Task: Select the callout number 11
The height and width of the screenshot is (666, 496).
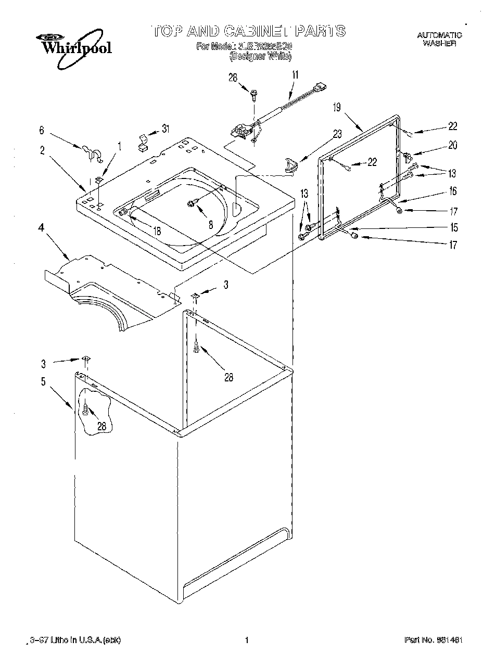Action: [295, 75]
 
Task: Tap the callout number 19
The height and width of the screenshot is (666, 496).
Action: [337, 108]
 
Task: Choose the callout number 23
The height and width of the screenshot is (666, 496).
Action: [337, 134]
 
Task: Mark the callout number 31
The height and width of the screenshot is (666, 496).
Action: [166, 129]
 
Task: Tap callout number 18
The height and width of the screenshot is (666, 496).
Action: [157, 231]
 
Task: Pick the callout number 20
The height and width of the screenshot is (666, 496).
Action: [452, 146]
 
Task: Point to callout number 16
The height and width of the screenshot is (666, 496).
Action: [453, 191]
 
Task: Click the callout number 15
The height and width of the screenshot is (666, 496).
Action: [454, 227]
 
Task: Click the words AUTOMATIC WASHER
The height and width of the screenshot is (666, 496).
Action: [439, 40]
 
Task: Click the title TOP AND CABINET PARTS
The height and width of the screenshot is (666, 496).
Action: [248, 31]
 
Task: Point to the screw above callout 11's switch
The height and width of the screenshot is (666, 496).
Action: [254, 95]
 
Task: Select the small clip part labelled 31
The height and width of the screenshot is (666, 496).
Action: [142, 142]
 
